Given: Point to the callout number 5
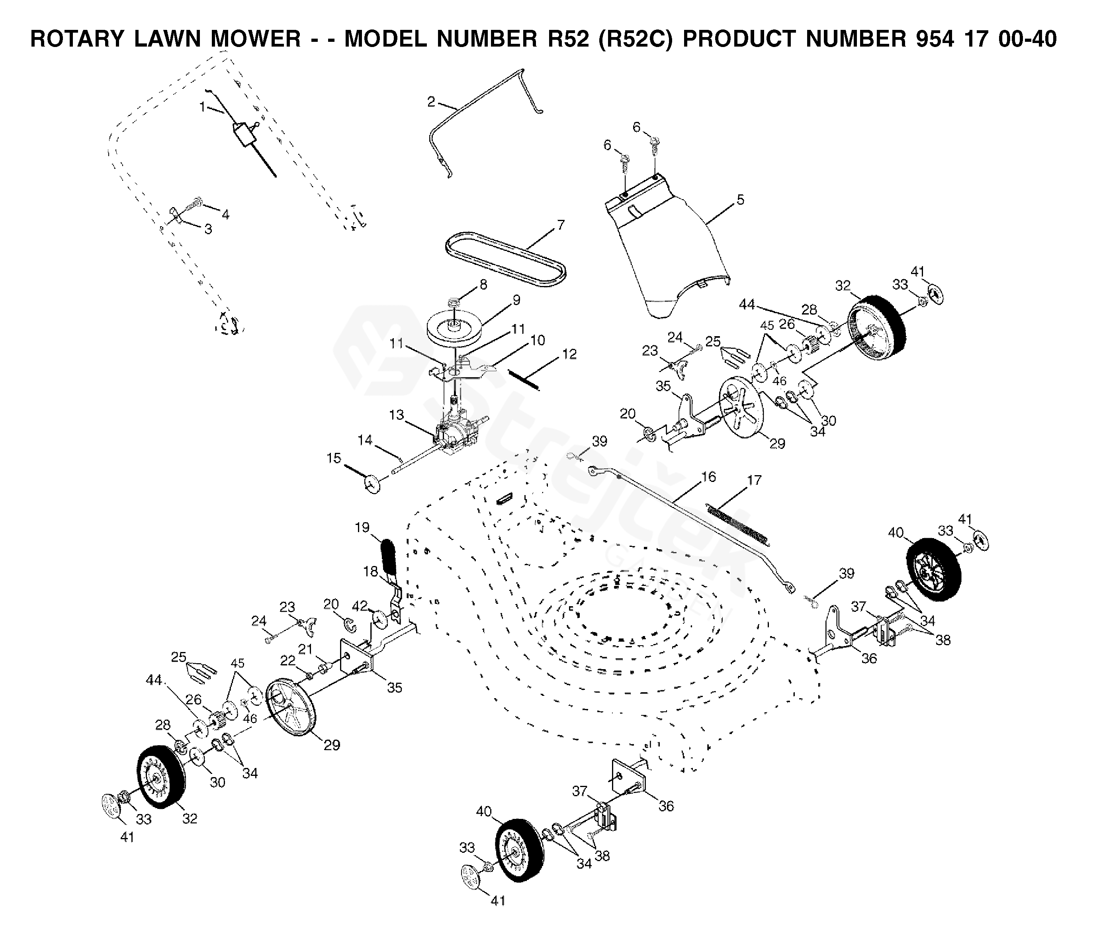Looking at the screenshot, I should click(740, 200).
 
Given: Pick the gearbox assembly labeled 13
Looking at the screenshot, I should click(456, 433).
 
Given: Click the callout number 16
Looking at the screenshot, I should click(708, 476).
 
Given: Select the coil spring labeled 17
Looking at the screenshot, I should click(739, 524).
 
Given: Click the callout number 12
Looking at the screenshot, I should click(569, 354).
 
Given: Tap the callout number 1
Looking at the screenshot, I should click(202, 107).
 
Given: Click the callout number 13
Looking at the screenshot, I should click(397, 415).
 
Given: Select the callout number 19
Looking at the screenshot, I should click(362, 527).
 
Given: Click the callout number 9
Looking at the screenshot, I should click(517, 300).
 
